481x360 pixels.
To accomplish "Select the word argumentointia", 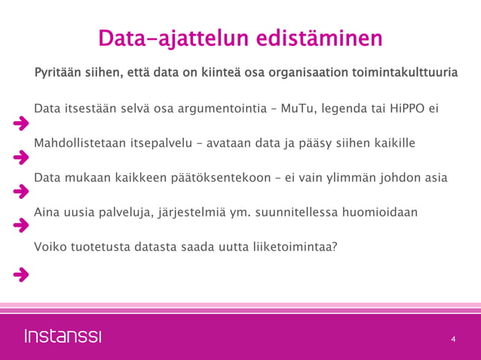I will click(x=212, y=108).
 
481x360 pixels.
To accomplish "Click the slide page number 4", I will click(x=453, y=340).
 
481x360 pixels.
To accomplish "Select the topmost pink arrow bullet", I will click(x=21, y=124).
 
